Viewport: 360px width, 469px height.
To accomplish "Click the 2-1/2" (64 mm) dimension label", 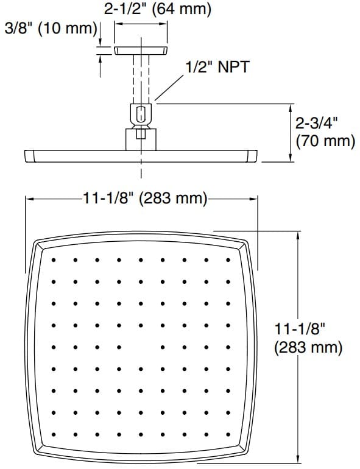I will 157,9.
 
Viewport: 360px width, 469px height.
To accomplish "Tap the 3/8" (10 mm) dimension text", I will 50,29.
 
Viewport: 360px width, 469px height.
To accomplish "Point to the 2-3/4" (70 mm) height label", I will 325,132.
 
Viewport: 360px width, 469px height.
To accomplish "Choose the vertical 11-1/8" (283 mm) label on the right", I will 308,338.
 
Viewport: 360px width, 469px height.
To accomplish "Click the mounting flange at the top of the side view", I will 141,51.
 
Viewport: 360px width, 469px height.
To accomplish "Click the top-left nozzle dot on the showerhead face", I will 54,260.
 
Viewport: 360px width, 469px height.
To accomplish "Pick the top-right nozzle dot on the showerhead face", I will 227,260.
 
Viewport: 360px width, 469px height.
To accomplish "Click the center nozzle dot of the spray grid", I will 141,346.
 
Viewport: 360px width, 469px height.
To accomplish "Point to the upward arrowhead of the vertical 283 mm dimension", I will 297,236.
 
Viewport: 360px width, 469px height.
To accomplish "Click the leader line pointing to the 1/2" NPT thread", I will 171,85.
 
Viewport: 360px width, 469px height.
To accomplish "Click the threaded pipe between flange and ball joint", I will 141,79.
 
